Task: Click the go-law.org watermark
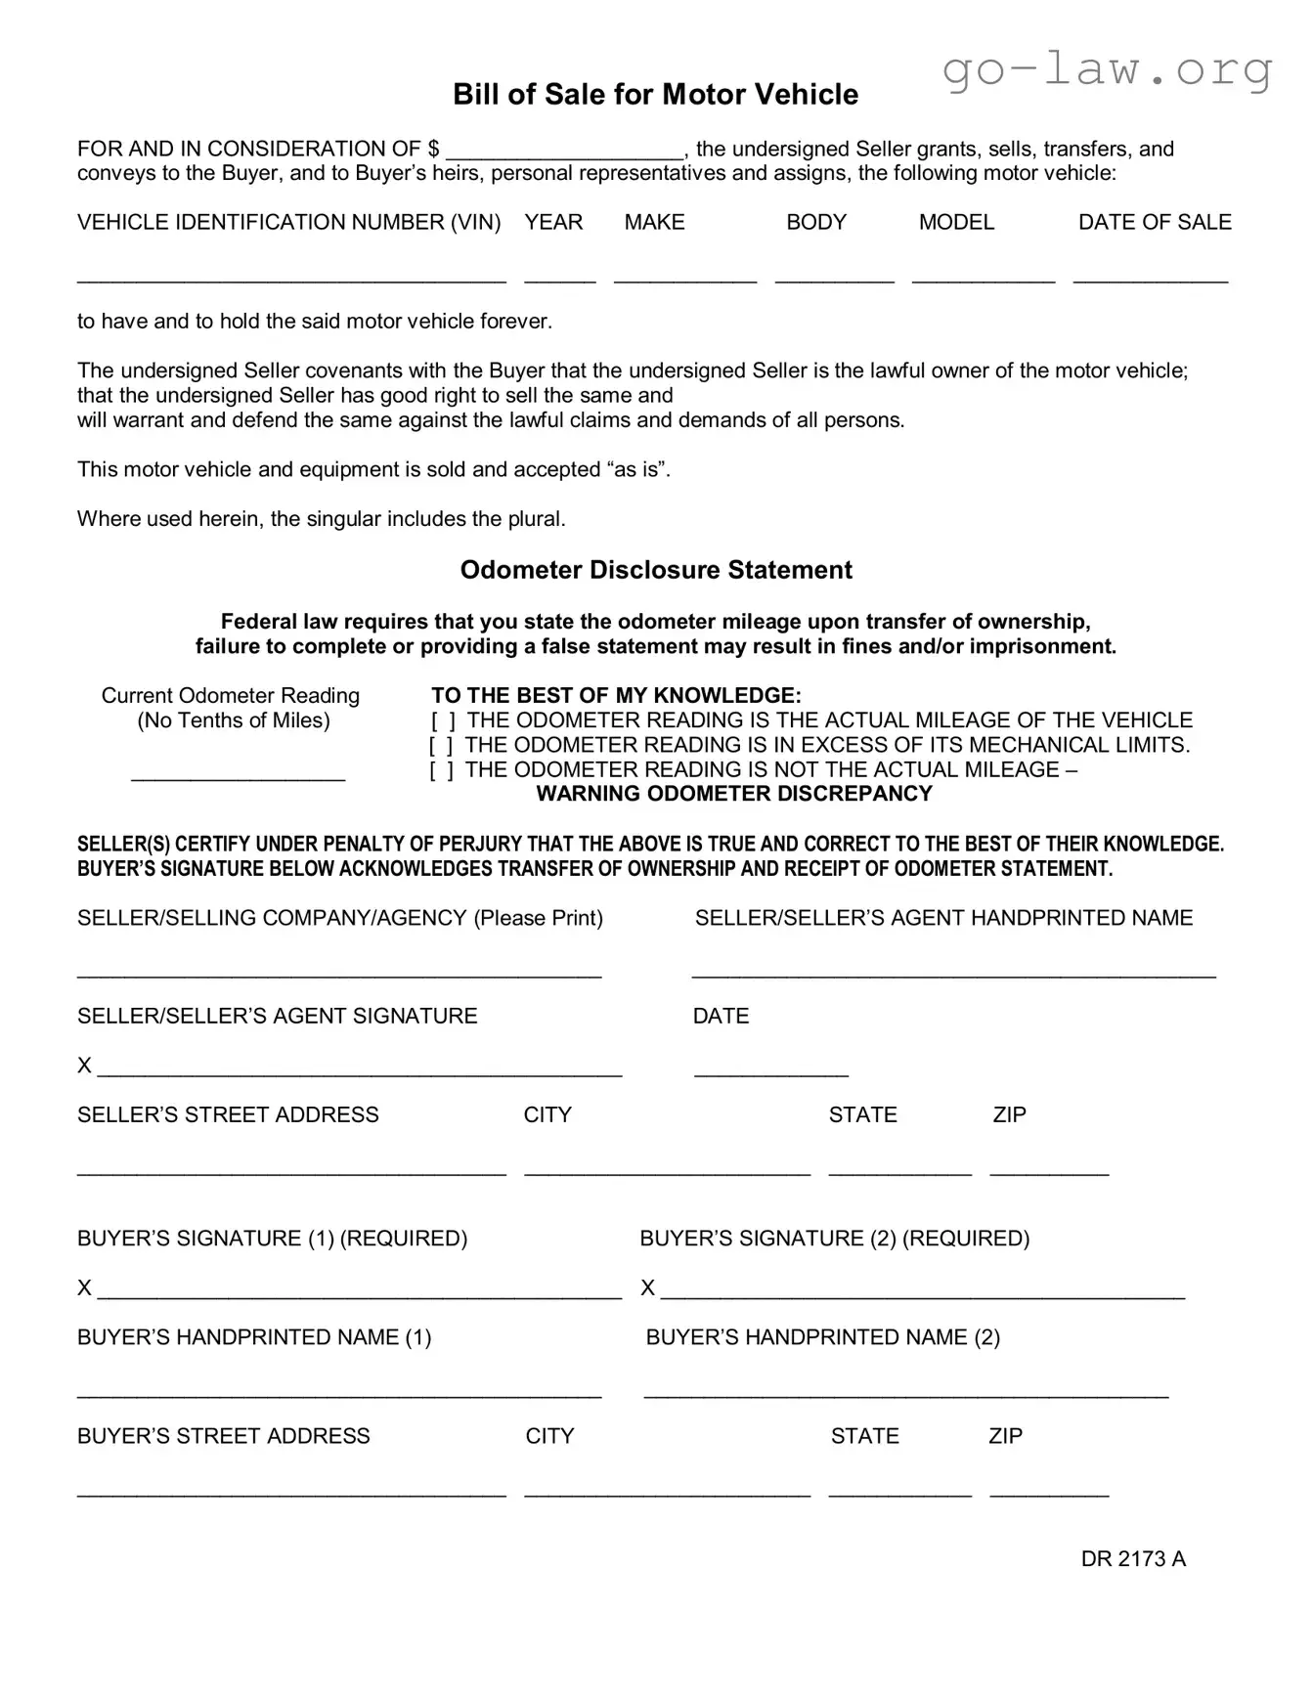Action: [x=1108, y=69]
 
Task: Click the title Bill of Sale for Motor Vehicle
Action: [x=655, y=95]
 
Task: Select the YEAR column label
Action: [x=553, y=223]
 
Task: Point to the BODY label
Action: [x=816, y=223]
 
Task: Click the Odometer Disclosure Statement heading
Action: [x=656, y=570]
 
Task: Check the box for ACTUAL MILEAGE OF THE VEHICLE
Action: [x=443, y=721]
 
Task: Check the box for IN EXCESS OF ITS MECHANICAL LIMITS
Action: [x=441, y=746]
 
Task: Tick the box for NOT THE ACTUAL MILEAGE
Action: [x=441, y=770]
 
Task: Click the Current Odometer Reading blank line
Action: [x=239, y=776]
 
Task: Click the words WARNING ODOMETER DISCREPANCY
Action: [x=734, y=794]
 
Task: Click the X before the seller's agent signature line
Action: [x=84, y=1066]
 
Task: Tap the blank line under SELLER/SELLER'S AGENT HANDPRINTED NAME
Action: [x=953, y=973]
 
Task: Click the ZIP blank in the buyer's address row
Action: [x=1049, y=1492]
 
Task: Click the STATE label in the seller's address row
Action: [x=862, y=1115]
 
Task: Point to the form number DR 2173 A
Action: [x=1133, y=1559]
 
